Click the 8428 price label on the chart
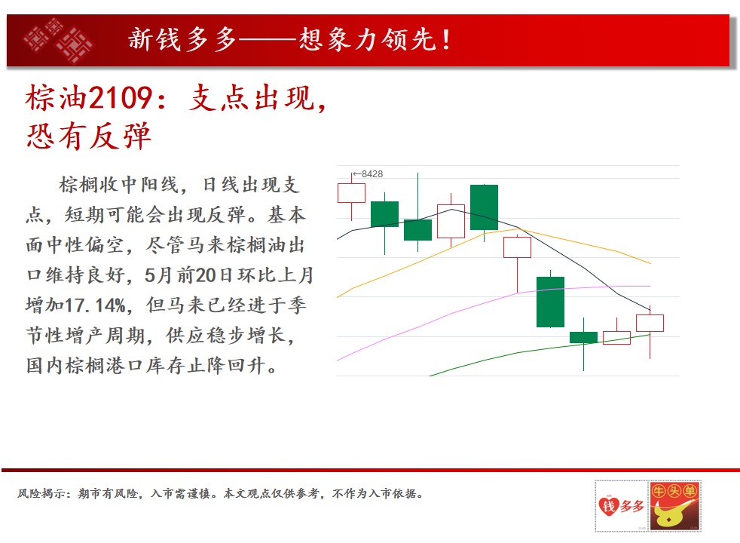(372, 173)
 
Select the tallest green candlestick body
(550, 302)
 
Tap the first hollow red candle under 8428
(352, 193)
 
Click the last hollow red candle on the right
(650, 323)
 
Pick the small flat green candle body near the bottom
(583, 337)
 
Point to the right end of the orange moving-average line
(651, 263)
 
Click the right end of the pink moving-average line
(650, 286)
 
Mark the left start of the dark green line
(430, 376)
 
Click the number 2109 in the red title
(121, 98)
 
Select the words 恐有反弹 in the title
(89, 136)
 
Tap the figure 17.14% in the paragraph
(96, 305)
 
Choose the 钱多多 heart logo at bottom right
(622, 506)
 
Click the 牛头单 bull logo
(674, 506)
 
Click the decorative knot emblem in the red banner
(59, 40)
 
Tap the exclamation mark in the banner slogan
(445, 40)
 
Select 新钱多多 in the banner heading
(182, 39)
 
